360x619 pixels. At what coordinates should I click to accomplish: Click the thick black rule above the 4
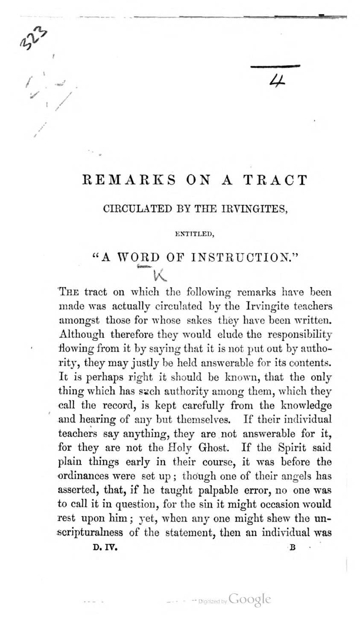point(275,66)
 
